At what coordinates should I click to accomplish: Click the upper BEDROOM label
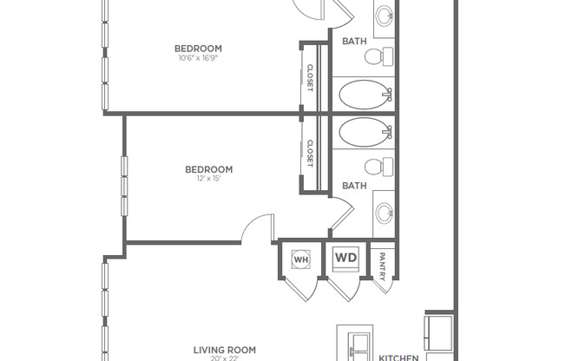pyautogui.click(x=198, y=49)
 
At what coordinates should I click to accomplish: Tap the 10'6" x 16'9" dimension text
pyautogui.click(x=198, y=59)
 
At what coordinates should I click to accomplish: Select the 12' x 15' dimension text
pyautogui.click(x=209, y=180)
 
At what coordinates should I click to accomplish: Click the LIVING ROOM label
pyautogui.click(x=224, y=350)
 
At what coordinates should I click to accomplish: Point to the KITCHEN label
pyautogui.click(x=399, y=357)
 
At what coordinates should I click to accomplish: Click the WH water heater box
pyautogui.click(x=301, y=259)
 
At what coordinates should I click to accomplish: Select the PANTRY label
pyautogui.click(x=383, y=265)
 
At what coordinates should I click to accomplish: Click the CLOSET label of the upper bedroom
pyautogui.click(x=310, y=77)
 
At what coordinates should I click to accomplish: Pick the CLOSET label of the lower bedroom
pyautogui.click(x=310, y=154)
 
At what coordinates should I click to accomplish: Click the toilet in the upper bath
pyautogui.click(x=374, y=57)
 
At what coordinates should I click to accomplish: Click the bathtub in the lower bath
pyautogui.click(x=365, y=132)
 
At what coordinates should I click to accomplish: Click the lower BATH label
pyautogui.click(x=354, y=186)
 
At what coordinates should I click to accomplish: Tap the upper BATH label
pyautogui.click(x=354, y=41)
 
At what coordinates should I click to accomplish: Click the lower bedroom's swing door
pyautogui.click(x=257, y=231)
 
